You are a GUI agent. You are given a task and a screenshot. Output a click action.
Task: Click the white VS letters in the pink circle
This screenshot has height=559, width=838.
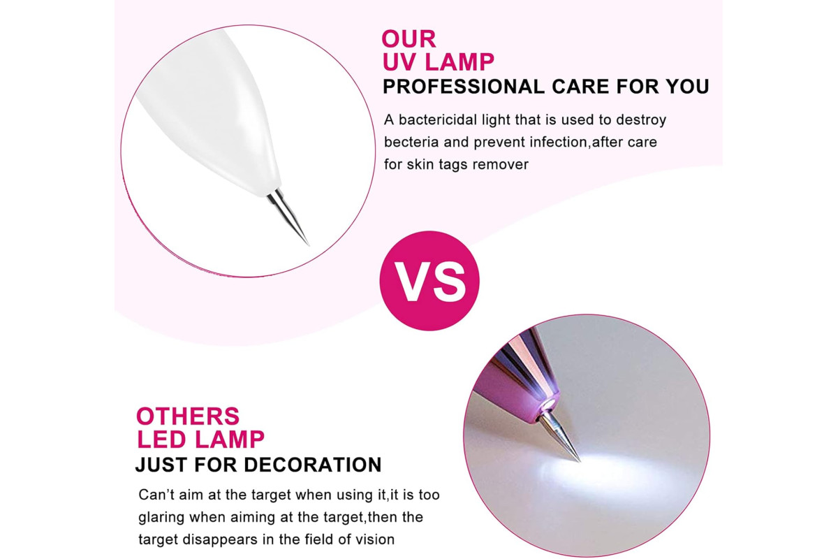click(x=430, y=281)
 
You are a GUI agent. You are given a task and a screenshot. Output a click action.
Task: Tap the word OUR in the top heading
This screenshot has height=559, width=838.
click(x=409, y=39)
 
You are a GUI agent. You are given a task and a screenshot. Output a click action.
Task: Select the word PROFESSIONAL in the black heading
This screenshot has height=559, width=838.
click(x=464, y=87)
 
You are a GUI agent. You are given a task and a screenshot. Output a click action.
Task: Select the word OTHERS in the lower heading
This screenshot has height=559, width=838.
click(x=188, y=416)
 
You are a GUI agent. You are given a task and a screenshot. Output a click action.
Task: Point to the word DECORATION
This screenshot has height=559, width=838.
click(x=312, y=465)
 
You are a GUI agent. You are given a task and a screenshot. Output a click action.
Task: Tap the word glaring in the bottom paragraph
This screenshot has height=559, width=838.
click(x=161, y=518)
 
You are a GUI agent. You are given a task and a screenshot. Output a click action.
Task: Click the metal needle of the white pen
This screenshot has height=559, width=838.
click(x=287, y=217)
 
